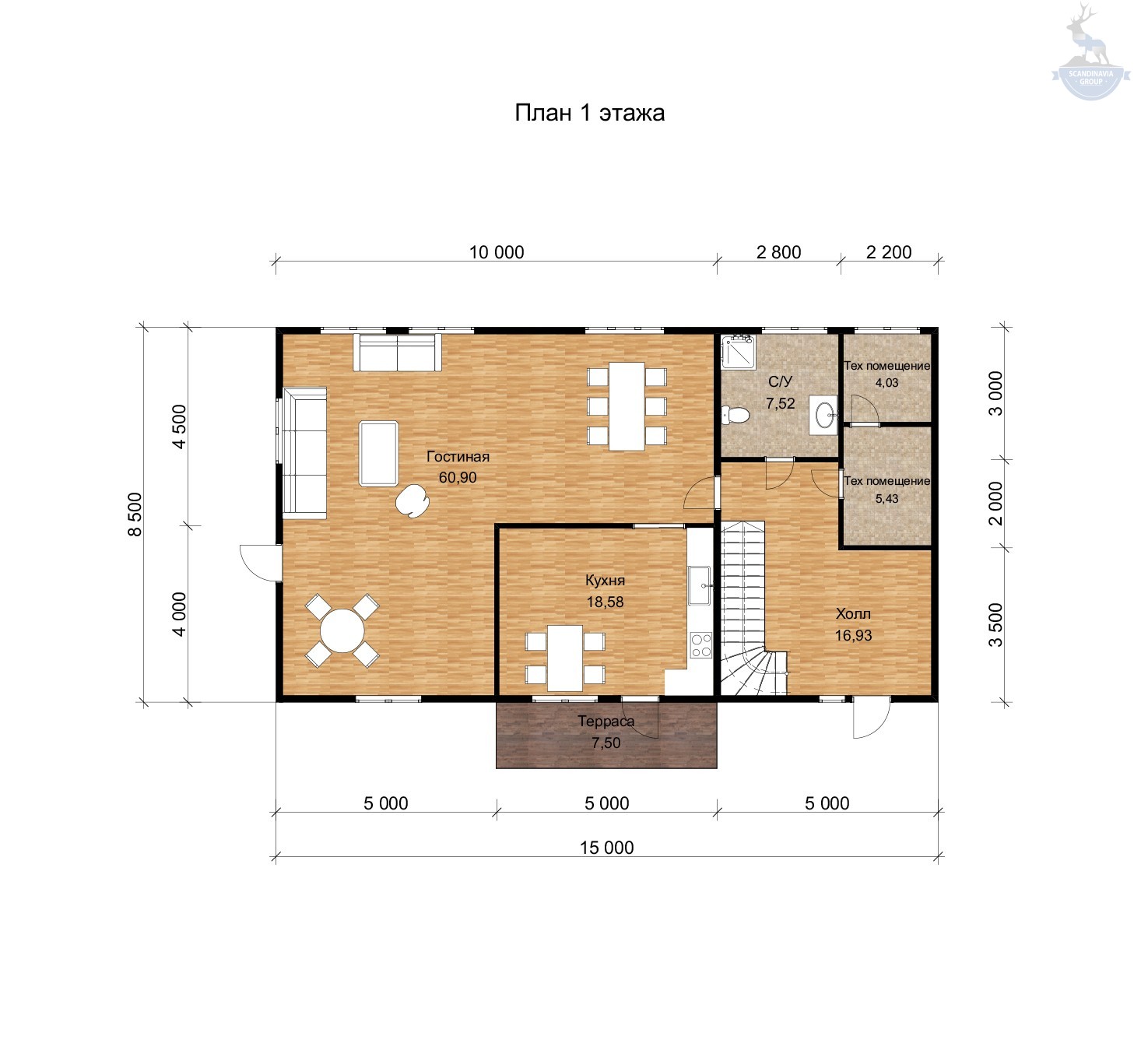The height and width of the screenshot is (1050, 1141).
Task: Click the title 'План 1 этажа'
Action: pyautogui.click(x=589, y=114)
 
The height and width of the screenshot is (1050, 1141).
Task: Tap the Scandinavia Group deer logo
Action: pyautogui.click(x=1090, y=52)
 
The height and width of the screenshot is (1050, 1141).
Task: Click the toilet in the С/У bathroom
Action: pyautogui.click(x=736, y=415)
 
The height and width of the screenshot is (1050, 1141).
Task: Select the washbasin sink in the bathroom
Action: pyautogui.click(x=823, y=415)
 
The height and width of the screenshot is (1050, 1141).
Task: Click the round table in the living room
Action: pyautogui.click(x=342, y=630)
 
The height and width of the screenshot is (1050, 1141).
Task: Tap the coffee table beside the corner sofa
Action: pyautogui.click(x=378, y=454)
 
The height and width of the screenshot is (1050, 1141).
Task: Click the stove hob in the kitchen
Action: pyautogui.click(x=700, y=644)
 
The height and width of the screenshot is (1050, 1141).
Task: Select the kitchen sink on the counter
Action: pyautogui.click(x=700, y=585)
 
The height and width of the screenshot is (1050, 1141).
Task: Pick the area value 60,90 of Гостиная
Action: pyautogui.click(x=458, y=477)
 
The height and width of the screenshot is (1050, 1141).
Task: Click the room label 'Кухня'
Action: pyautogui.click(x=606, y=581)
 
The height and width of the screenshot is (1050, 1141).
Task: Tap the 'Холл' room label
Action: pyautogui.click(x=852, y=613)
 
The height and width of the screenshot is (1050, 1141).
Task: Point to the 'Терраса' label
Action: pyautogui.click(x=606, y=721)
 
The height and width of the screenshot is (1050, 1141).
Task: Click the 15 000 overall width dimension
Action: pyautogui.click(x=606, y=848)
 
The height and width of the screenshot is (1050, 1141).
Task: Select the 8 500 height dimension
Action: pyautogui.click(x=135, y=514)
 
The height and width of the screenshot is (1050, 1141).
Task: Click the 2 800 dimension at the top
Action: pyautogui.click(x=778, y=252)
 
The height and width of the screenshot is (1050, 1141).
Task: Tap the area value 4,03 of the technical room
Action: pyautogui.click(x=886, y=383)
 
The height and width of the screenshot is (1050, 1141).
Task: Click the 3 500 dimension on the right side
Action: pyautogui.click(x=995, y=625)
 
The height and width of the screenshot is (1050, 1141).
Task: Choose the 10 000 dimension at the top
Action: pyautogui.click(x=496, y=252)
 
